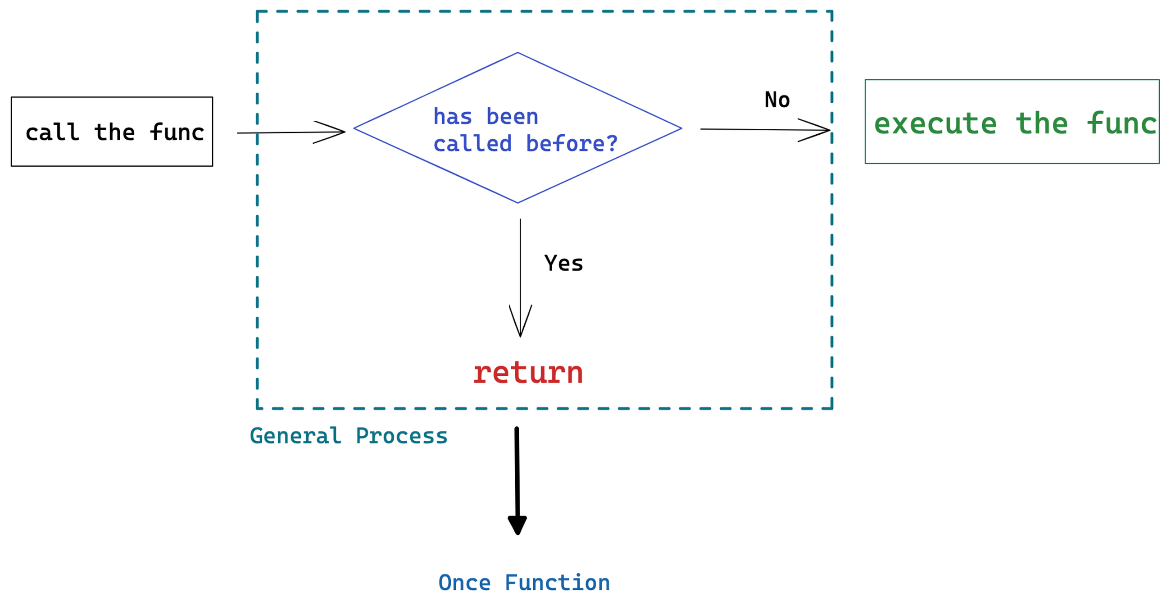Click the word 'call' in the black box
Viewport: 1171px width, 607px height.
pyautogui.click(x=52, y=132)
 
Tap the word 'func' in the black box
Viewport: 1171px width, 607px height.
pyautogui.click(x=177, y=132)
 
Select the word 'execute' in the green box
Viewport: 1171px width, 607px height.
pyautogui.click(x=935, y=124)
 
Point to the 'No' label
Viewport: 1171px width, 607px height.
pyautogui.click(x=777, y=100)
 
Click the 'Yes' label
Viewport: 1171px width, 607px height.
pyautogui.click(x=564, y=263)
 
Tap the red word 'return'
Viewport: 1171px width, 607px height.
pyautogui.click(x=528, y=373)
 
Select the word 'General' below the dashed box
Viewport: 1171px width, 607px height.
pyautogui.click(x=295, y=436)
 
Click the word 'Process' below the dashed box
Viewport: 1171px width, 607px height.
pyautogui.click(x=401, y=436)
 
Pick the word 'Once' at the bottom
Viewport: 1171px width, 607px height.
pyautogui.click(x=464, y=583)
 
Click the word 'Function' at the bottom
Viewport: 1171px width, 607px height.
pyautogui.click(x=557, y=583)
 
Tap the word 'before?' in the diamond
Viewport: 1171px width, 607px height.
pyautogui.click(x=572, y=144)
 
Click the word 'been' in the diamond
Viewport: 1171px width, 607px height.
pyautogui.click(x=513, y=117)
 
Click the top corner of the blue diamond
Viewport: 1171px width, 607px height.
pyautogui.click(x=517, y=53)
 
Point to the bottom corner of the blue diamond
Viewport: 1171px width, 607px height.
pyautogui.click(x=517, y=203)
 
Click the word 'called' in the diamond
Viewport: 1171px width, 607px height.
pyautogui.click(x=472, y=144)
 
